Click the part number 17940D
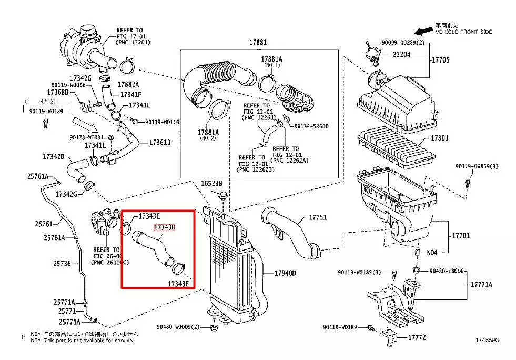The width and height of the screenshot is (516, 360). [285, 273]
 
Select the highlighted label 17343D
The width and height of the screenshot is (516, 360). [164, 227]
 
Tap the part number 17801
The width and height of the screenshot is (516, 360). [440, 138]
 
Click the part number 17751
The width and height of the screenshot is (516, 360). [317, 217]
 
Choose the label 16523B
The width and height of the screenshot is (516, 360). [211, 183]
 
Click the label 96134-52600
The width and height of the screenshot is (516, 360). [311, 126]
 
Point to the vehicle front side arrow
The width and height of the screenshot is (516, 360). [422, 31]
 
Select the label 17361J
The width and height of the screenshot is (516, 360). [160, 142]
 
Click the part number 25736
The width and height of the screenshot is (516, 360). [62, 263]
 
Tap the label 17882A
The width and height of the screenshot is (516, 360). [128, 84]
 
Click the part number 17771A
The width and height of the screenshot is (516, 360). [481, 284]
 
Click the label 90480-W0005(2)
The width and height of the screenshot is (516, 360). [178, 327]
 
